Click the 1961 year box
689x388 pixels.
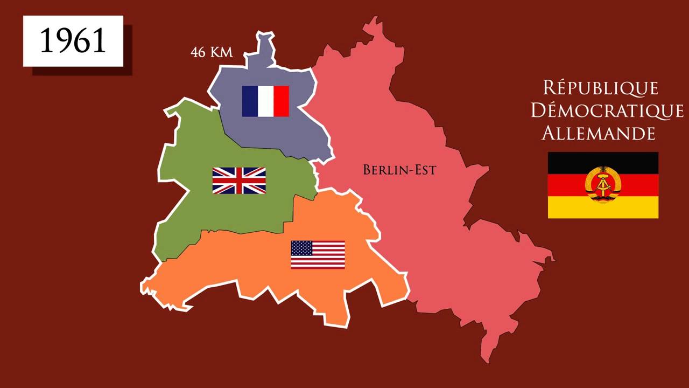[x=73, y=41]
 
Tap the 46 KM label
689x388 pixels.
[x=211, y=52]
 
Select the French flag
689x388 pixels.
[x=265, y=101]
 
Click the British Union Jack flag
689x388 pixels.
[x=239, y=181]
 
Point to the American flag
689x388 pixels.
[x=318, y=254]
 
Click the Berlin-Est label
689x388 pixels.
[x=399, y=170]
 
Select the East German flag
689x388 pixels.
[x=603, y=185]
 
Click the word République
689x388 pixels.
[x=600, y=87]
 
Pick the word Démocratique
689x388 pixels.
[x=607, y=110]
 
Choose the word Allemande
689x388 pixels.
[x=598, y=133]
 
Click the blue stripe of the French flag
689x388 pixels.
[x=250, y=101]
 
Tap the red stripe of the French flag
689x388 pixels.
[x=281, y=101]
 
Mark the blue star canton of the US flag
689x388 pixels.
[x=301, y=248]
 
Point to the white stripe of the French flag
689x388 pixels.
[x=265, y=101]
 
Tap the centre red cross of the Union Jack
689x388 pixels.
[x=239, y=181]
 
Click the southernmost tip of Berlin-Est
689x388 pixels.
[x=486, y=358]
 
